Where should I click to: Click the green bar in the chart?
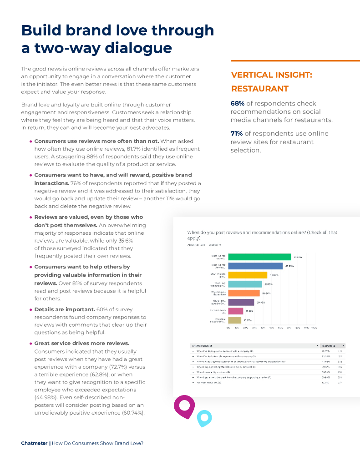[x=259, y=257]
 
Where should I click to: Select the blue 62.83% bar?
[x=255, y=266]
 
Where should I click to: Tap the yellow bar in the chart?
[x=248, y=275]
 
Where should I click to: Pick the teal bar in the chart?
[x=245, y=284]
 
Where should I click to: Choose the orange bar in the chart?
[x=243, y=293]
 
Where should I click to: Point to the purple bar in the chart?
[x=241, y=302]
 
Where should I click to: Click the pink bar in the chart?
[x=235, y=311]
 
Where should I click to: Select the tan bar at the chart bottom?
[x=234, y=320]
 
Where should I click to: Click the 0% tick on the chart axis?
[x=228, y=327]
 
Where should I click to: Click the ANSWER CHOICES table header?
[x=202, y=346]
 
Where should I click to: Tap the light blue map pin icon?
[x=204, y=417]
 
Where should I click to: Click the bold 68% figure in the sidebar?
[x=238, y=103]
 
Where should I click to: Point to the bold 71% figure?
[x=237, y=133]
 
